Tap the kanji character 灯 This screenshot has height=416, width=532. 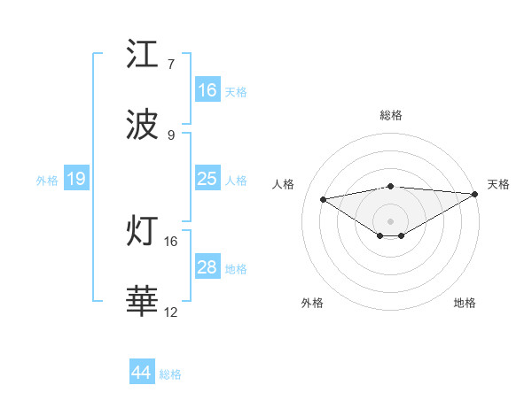point(143,232)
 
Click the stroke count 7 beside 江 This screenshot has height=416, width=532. point(171,64)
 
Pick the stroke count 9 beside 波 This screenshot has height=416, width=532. point(171,135)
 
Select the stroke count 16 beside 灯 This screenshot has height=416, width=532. point(171,241)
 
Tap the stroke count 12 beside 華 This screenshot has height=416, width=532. point(171,312)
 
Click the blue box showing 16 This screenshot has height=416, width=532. point(207,90)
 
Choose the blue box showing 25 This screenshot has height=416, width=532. point(207,179)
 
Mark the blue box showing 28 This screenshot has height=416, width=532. point(207,267)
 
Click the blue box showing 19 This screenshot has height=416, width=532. point(76,179)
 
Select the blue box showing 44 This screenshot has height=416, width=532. point(142,374)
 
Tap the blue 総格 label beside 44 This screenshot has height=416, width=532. point(170,374)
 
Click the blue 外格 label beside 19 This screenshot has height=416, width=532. point(47,180)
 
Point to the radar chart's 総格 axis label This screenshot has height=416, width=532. point(391,115)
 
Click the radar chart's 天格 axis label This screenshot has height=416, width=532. point(498,184)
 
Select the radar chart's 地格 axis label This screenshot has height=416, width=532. point(465,303)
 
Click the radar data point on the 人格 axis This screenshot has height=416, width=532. point(323,198)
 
